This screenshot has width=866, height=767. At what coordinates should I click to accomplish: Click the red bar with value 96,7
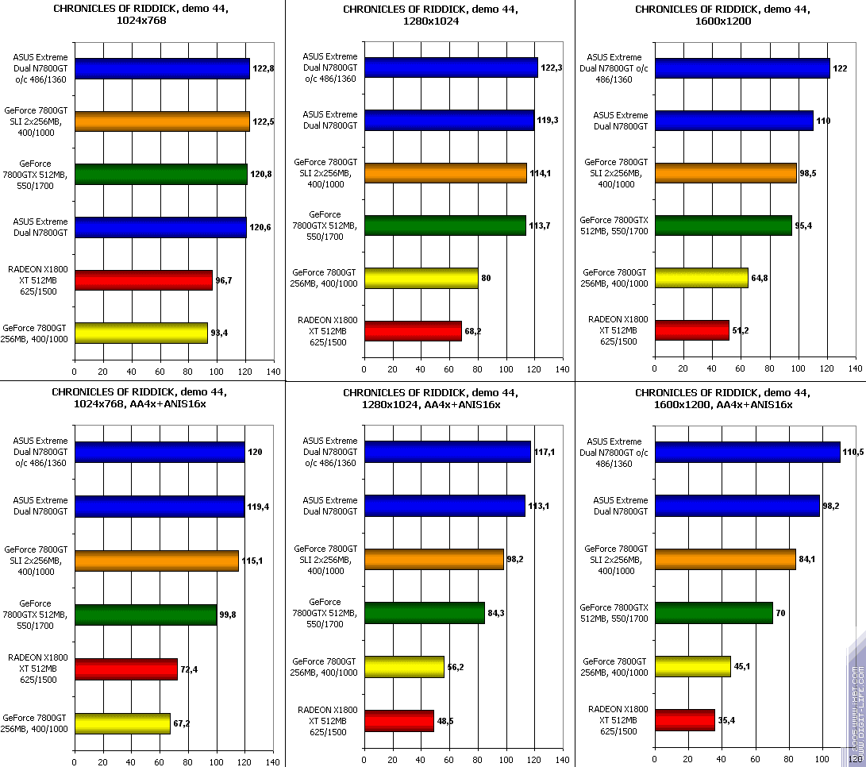pyautogui.click(x=143, y=281)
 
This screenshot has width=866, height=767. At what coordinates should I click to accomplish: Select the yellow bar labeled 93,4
pyautogui.click(x=140, y=333)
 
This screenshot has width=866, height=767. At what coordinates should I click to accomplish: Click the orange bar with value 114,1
pyautogui.click(x=445, y=173)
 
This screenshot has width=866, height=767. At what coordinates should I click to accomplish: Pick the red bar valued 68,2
pyautogui.click(x=412, y=330)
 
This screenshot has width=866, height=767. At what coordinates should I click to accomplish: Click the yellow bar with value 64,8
pyautogui.click(x=701, y=278)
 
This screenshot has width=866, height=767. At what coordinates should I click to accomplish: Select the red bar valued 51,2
pyautogui.click(x=691, y=330)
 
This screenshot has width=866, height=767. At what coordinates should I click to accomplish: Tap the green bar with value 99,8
pyautogui.click(x=145, y=615)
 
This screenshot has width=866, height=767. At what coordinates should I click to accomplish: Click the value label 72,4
pyautogui.click(x=189, y=669)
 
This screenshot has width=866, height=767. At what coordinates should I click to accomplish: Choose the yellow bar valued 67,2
pyautogui.click(x=122, y=723)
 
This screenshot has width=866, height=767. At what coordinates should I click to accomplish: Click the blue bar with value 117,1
pyautogui.click(x=447, y=452)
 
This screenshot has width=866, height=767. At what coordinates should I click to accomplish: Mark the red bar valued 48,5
pyautogui.click(x=398, y=721)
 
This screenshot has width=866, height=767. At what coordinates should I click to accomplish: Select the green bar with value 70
pyautogui.click(x=713, y=613)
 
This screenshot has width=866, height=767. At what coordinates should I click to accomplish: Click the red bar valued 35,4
pyautogui.click(x=684, y=720)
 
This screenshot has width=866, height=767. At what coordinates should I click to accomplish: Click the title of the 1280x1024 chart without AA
pyautogui.click(x=430, y=15)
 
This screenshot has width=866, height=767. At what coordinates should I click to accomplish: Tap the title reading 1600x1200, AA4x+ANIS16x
pyautogui.click(x=722, y=399)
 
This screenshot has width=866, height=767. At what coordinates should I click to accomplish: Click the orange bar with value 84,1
pyautogui.click(x=725, y=559)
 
